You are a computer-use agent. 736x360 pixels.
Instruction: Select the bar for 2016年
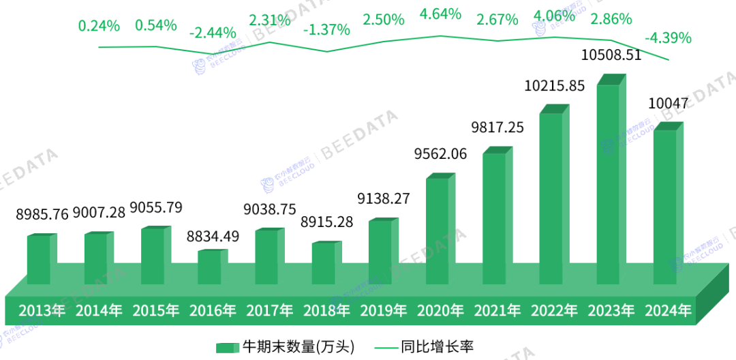coord(209,267)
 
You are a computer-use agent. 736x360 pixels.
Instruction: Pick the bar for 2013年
coord(39,260)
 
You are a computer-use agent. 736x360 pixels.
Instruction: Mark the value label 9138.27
coord(383,198)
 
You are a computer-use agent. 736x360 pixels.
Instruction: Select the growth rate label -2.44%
coord(213,33)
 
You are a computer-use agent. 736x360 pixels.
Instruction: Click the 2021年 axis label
coord(497,311)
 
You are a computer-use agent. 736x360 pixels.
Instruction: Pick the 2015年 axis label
coord(155,311)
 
